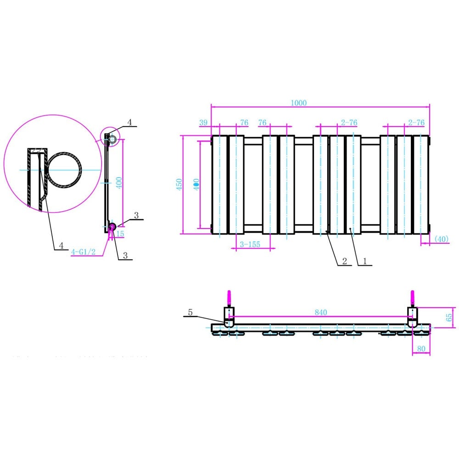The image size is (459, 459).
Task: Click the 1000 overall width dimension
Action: click(x=298, y=103)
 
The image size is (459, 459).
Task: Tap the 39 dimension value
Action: click(x=203, y=123)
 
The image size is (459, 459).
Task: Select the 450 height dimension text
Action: click(x=179, y=184)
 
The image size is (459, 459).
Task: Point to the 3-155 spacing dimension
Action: click(x=250, y=245)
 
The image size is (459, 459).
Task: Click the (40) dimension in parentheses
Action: click(x=441, y=239)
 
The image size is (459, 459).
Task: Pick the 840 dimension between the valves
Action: click(x=321, y=312)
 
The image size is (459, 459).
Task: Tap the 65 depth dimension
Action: click(x=449, y=317)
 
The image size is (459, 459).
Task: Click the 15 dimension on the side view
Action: click(x=120, y=234)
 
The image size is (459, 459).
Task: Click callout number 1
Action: click(x=364, y=261)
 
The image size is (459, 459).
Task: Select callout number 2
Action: click(x=344, y=261)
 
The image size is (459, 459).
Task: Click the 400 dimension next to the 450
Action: click(x=196, y=184)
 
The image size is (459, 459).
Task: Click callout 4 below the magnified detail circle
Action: click(x=61, y=246)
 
